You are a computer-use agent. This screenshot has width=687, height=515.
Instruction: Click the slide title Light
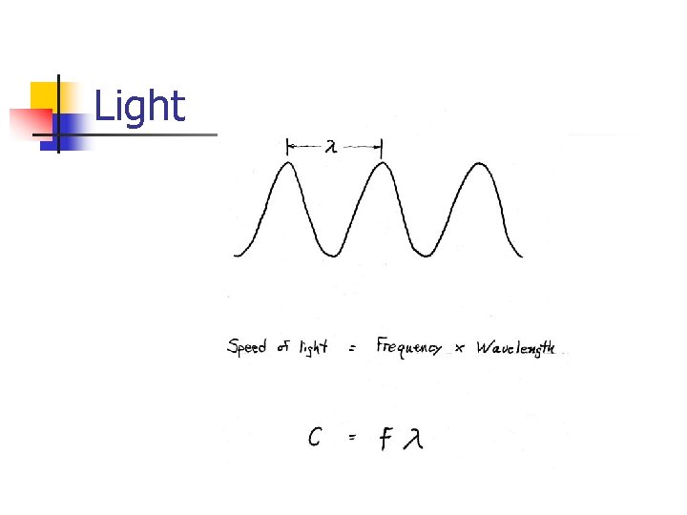(x=139, y=106)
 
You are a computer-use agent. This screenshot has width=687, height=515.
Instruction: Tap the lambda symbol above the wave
(x=331, y=147)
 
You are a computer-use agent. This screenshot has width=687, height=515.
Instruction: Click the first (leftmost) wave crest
(x=288, y=164)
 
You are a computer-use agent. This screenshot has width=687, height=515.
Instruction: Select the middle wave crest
(x=382, y=164)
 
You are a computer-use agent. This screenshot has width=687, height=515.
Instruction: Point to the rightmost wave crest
(x=474, y=164)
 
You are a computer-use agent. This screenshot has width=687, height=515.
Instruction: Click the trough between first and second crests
(x=335, y=254)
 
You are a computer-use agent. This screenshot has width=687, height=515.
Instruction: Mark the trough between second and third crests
(x=427, y=254)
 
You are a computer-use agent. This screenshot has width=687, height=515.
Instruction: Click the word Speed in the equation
(x=246, y=347)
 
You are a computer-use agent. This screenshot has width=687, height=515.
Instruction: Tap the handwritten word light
(x=313, y=347)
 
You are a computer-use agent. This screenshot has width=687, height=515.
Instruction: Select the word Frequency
(x=409, y=347)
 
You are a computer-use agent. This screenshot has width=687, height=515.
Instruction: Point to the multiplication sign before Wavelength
(x=460, y=350)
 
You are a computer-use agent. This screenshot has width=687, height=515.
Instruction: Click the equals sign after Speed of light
(x=353, y=350)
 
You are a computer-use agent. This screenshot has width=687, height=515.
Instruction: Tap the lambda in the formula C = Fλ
(x=412, y=439)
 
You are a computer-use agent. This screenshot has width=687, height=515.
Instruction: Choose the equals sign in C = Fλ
(x=352, y=438)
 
